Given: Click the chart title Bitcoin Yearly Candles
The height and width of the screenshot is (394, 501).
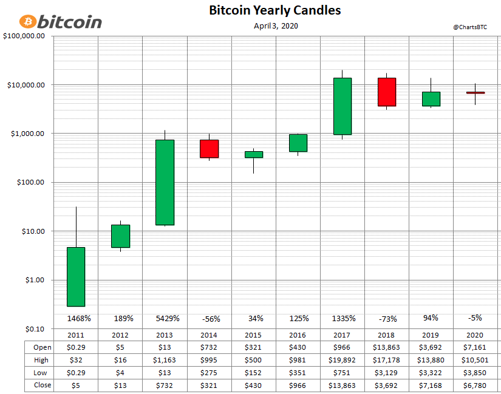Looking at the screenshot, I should tap(274, 10).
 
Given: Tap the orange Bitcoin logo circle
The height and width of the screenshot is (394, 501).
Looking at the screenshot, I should tap(28, 22).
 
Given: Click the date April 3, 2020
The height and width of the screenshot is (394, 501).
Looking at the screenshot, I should tap(276, 25).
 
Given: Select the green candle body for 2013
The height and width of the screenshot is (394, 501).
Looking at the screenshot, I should tap(165, 182).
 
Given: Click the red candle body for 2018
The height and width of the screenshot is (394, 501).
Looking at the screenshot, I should tap(387, 92).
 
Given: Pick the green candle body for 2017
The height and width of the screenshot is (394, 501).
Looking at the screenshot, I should tap(343, 106).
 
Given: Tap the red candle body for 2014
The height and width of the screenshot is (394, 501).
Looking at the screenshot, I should tap(209, 149).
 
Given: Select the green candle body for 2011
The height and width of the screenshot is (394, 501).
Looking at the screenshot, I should tap(76, 276).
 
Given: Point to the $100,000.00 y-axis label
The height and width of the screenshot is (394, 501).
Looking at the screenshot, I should tap(24, 36).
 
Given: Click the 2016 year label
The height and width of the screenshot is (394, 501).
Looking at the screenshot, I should tap(298, 335).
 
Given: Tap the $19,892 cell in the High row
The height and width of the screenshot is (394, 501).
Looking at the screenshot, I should tap(343, 360).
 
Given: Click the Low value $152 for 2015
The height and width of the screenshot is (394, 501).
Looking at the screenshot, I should tap(254, 373).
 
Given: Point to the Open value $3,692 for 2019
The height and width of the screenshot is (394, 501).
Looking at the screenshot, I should tap(431, 348).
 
